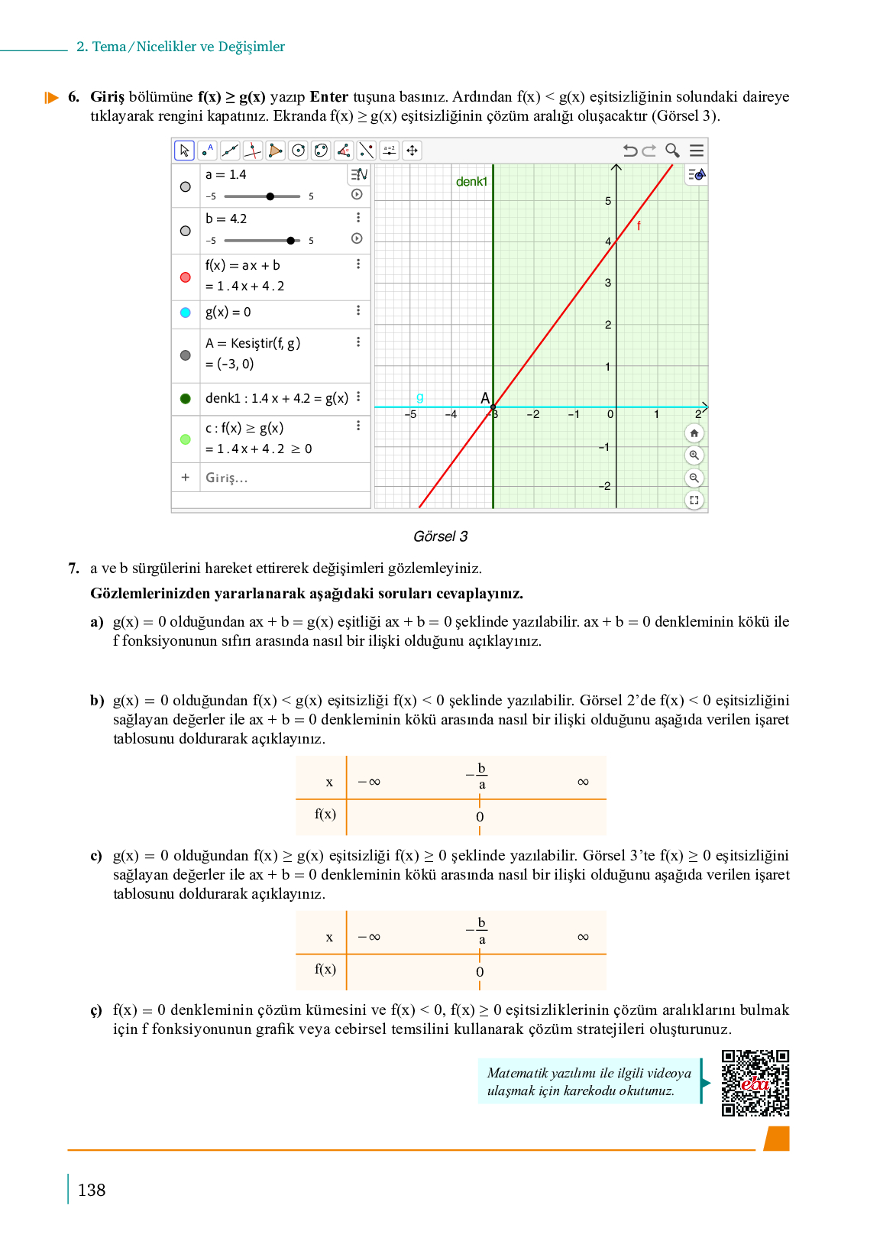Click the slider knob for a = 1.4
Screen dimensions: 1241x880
click(x=270, y=196)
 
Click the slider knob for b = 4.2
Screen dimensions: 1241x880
click(x=290, y=241)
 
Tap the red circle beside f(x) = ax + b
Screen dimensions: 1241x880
click(x=185, y=277)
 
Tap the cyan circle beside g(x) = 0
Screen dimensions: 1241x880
click(x=185, y=313)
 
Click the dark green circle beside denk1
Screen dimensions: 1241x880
click(x=185, y=398)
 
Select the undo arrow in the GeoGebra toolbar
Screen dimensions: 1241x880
click(x=629, y=151)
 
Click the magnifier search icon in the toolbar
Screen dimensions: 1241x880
click(x=672, y=151)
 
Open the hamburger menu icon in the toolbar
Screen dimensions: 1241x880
click(x=697, y=151)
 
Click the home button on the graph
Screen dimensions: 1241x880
click(x=694, y=434)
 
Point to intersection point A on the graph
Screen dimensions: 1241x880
click(x=493, y=407)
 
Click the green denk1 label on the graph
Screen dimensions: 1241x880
click(x=471, y=182)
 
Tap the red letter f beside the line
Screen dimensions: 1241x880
click(x=639, y=225)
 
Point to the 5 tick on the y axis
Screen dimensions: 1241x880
click(x=608, y=201)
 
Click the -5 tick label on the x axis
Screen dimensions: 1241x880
click(x=411, y=414)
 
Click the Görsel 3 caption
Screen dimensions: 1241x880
click(x=440, y=536)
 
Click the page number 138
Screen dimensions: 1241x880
click(x=92, y=1190)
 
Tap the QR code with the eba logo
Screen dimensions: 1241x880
click(x=755, y=1083)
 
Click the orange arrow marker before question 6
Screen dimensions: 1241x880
click(x=51, y=98)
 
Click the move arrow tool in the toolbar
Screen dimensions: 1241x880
click(x=412, y=151)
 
